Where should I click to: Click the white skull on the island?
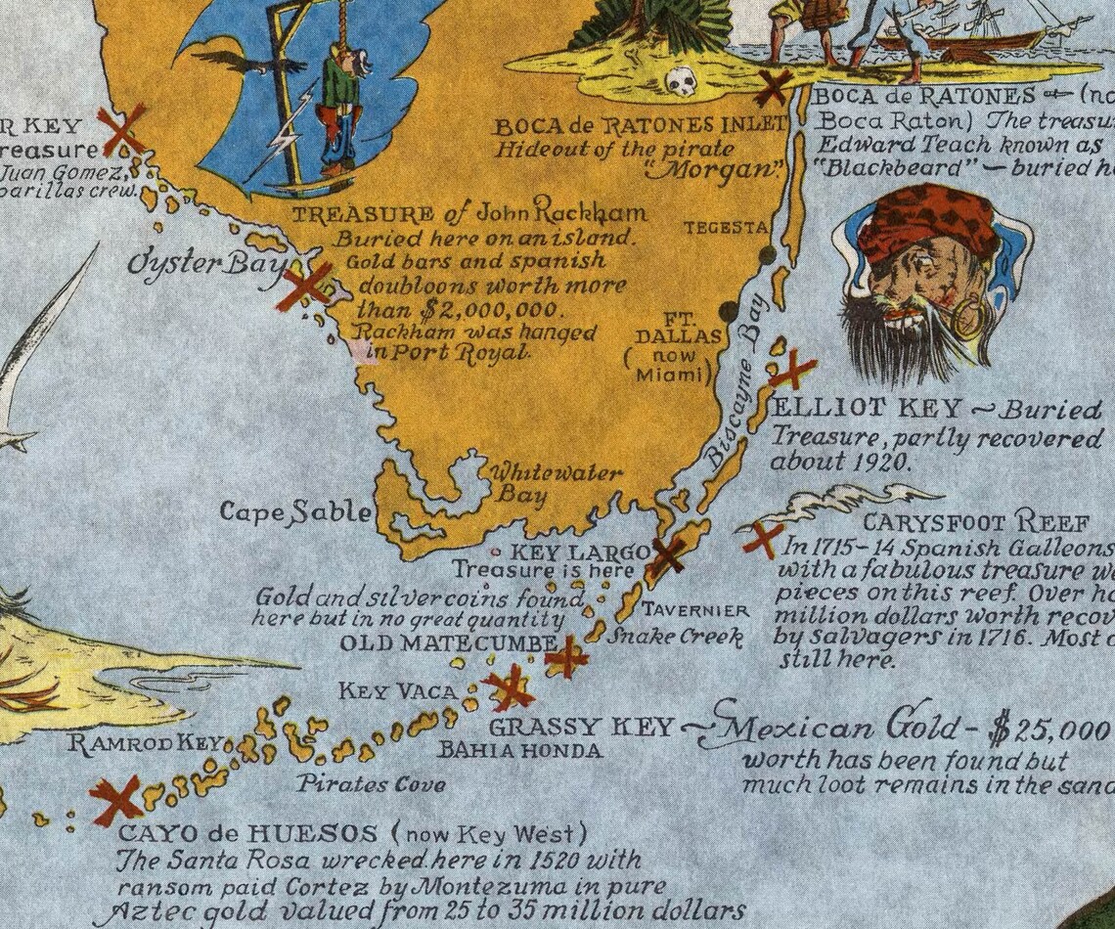(682, 80)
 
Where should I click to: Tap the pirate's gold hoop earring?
(967, 319)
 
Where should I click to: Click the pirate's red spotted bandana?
(925, 221)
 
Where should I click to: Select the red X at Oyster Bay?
(304, 286)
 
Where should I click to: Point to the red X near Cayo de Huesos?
(116, 800)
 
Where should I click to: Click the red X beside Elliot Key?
(792, 371)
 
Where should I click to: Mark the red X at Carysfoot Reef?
(763, 539)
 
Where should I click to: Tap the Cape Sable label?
(294, 511)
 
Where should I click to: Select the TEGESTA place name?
(726, 227)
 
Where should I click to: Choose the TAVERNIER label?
(695, 610)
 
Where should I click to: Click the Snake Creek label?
(675, 637)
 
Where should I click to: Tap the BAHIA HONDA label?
(519, 750)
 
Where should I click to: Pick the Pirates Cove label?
(371, 783)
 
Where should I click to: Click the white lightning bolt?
(284, 132)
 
